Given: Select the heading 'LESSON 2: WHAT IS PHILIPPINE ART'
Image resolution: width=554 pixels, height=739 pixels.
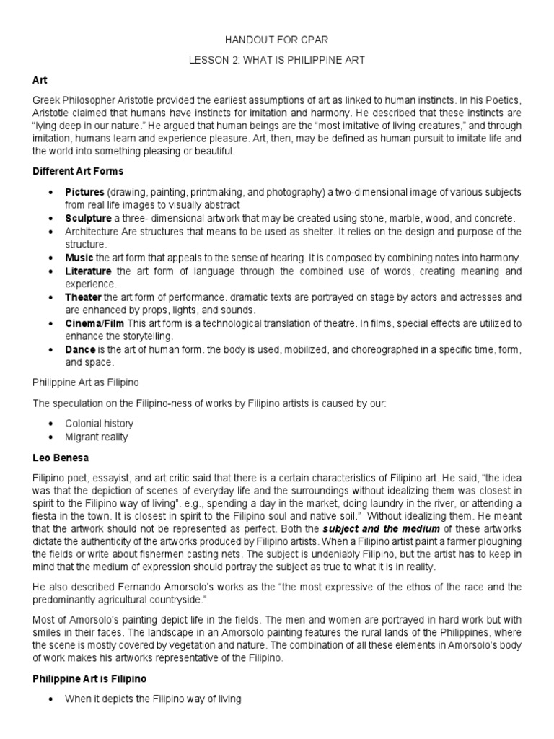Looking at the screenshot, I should (x=277, y=61).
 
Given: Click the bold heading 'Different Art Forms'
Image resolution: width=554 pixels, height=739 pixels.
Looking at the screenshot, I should (x=78, y=171).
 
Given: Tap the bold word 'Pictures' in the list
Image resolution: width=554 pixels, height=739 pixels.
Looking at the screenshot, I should (x=84, y=192).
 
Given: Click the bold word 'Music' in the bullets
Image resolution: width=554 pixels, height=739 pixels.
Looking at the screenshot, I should (x=79, y=258).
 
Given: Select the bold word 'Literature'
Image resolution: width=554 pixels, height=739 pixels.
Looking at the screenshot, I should (x=88, y=271).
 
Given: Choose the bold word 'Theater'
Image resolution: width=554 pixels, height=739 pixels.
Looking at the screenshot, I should (x=84, y=297).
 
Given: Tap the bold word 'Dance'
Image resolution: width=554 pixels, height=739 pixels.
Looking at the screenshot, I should (x=80, y=349).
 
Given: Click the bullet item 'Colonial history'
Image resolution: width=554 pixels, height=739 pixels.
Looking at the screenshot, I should (x=99, y=424).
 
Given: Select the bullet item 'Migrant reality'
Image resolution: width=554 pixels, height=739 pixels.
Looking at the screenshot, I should (x=97, y=437).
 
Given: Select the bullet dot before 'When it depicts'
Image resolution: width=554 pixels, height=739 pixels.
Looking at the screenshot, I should (x=50, y=699).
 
